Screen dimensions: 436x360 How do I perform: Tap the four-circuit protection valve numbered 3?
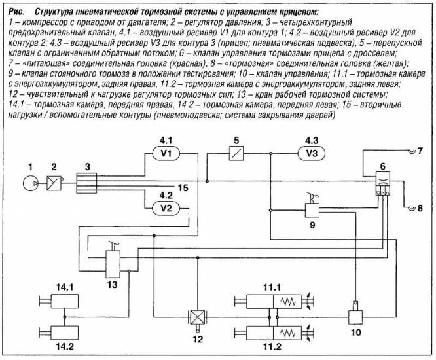coord(86,183)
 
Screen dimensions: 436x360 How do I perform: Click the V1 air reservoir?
coord(166,153)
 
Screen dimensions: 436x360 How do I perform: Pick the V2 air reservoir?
coord(166,208)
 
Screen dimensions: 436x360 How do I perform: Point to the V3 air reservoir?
coord(312,153)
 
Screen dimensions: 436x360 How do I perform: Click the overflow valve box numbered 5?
coord(236,153)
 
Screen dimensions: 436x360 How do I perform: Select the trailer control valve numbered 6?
coord(382,183)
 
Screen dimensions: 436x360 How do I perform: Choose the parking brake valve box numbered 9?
coord(312,210)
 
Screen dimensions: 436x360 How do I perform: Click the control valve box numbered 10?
coord(355,317)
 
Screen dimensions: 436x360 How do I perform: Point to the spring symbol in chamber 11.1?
coord(288,301)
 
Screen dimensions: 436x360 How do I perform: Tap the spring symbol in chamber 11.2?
coord(288,333)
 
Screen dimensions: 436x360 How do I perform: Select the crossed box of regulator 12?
coord(197,317)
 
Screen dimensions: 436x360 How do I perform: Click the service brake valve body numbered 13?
coord(113,264)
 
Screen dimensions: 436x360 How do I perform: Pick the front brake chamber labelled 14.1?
coord(64,301)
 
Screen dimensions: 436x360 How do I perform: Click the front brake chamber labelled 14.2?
coord(64,333)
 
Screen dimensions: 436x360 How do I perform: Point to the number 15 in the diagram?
coord(183,188)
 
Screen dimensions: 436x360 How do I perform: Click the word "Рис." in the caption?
coord(16,12)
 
